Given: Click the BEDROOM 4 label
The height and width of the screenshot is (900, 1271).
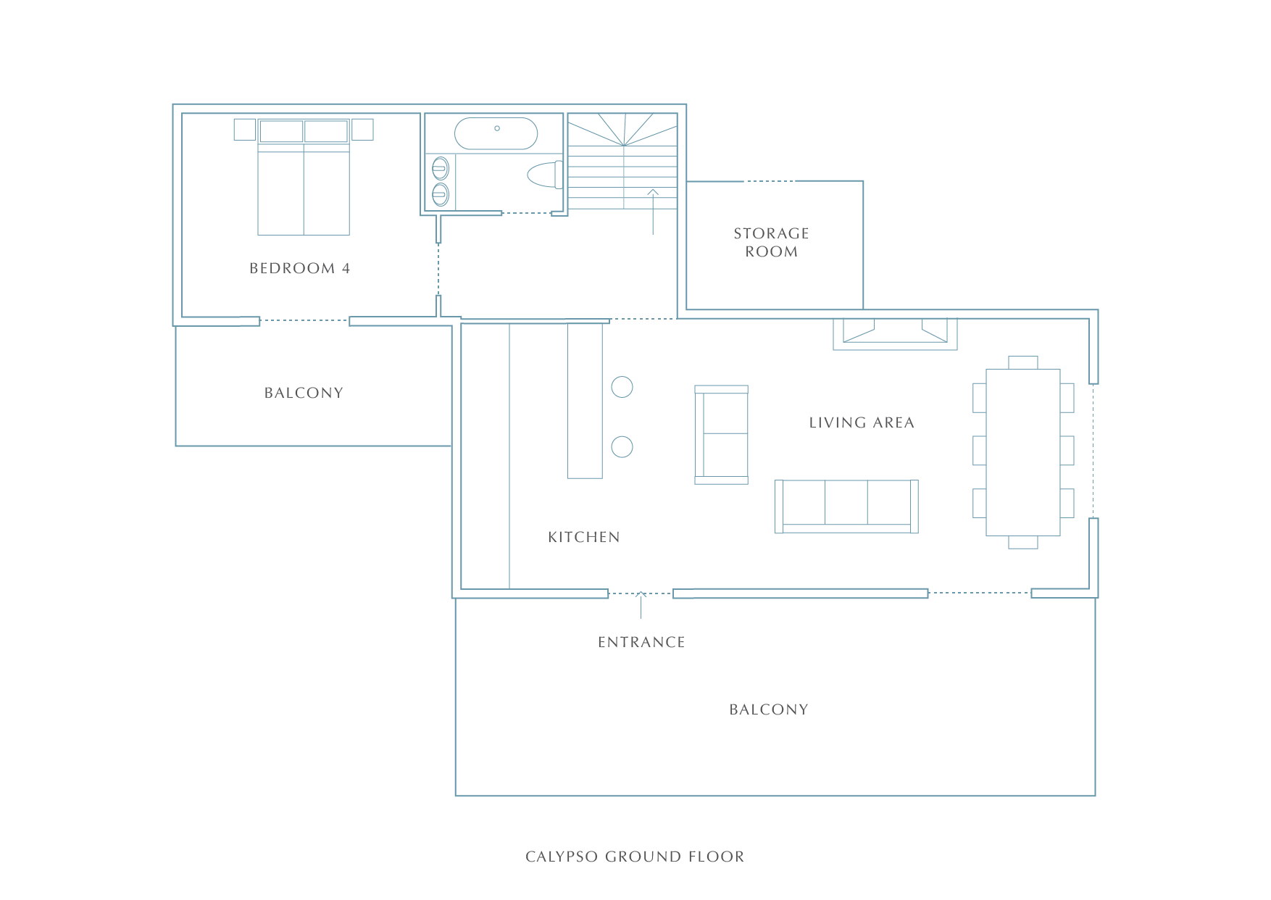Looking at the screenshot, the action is pyautogui.click(x=299, y=268).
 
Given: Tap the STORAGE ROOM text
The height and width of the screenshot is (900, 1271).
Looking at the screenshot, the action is pyautogui.click(x=771, y=242).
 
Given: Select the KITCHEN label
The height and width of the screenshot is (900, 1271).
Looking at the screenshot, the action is pyautogui.click(x=584, y=537).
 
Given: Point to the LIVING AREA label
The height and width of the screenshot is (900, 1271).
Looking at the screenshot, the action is pyautogui.click(x=862, y=422).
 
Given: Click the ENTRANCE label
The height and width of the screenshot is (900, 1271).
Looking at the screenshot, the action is pyautogui.click(x=641, y=642).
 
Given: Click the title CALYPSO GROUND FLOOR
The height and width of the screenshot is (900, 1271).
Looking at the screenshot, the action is pyautogui.click(x=635, y=857).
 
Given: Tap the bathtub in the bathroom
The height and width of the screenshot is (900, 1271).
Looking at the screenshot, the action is pyautogui.click(x=496, y=133).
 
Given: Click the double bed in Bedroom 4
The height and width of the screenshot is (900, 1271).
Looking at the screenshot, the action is pyautogui.click(x=304, y=177).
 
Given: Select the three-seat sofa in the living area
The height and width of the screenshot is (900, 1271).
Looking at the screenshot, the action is pyautogui.click(x=846, y=506).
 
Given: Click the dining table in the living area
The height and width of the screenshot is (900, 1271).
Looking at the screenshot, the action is pyautogui.click(x=1022, y=452).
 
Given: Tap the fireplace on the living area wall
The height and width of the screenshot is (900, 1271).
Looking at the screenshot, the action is pyautogui.click(x=895, y=334).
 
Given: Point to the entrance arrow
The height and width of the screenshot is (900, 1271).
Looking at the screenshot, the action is pyautogui.click(x=641, y=605).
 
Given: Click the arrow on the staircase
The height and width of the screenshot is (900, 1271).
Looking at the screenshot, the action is pyautogui.click(x=653, y=212).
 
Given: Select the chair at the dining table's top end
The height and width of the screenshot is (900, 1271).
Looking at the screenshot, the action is pyautogui.click(x=1022, y=362).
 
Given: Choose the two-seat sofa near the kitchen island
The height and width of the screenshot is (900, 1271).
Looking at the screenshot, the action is pyautogui.click(x=721, y=435).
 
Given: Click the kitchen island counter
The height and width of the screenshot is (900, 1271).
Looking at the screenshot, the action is pyautogui.click(x=585, y=401).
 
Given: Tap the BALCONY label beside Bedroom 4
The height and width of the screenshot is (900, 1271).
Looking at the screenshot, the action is pyautogui.click(x=304, y=393).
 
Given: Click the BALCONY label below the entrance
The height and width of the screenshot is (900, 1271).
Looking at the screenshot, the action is pyautogui.click(x=769, y=709).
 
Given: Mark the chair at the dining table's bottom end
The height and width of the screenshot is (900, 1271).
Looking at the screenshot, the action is pyautogui.click(x=1022, y=542).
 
